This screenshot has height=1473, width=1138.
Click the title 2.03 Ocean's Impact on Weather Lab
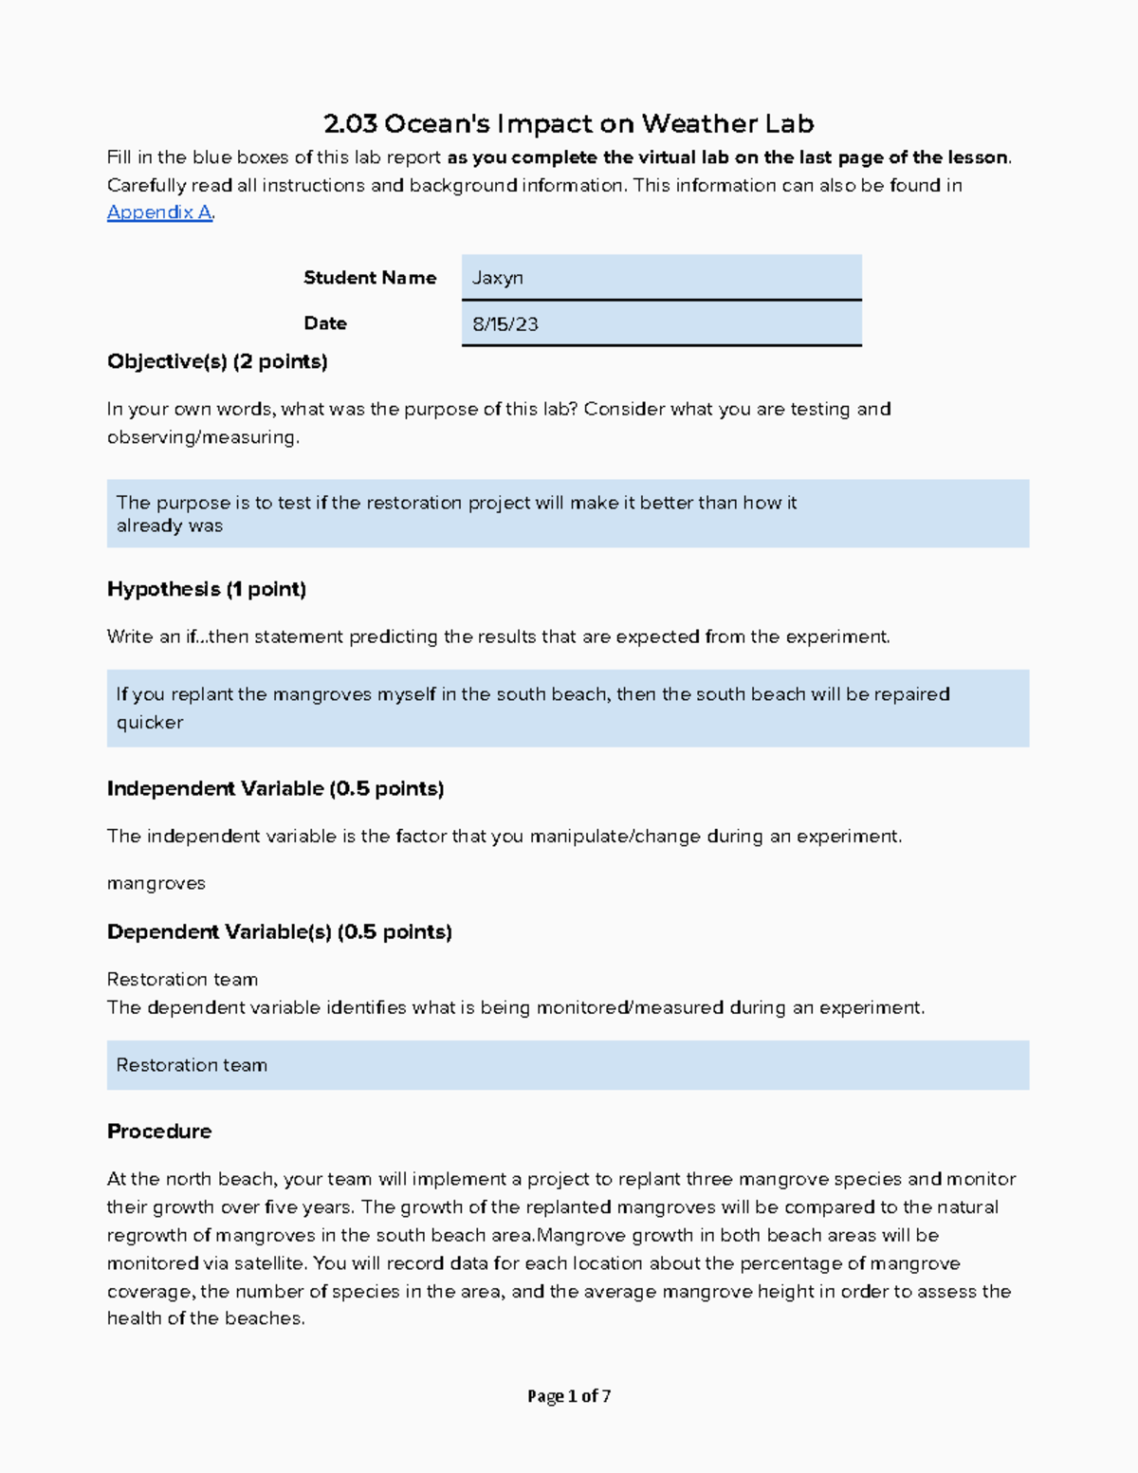(x=568, y=124)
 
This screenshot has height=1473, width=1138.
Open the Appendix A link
(x=159, y=212)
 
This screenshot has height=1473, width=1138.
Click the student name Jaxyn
(x=498, y=278)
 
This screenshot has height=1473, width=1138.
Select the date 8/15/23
(x=505, y=324)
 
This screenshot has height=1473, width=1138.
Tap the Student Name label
(x=370, y=278)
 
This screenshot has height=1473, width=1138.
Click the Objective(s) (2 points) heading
(x=217, y=361)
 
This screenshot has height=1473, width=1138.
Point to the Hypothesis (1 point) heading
(x=207, y=589)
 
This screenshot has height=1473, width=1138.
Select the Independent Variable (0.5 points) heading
(x=275, y=789)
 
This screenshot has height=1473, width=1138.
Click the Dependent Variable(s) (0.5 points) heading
(x=279, y=932)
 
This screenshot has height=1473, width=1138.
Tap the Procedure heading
(x=159, y=1132)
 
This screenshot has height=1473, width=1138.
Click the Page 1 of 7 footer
(x=569, y=1396)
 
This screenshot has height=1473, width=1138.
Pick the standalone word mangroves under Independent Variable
(x=156, y=884)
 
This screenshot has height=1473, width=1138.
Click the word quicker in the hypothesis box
(x=150, y=723)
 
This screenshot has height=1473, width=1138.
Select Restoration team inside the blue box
(x=192, y=1066)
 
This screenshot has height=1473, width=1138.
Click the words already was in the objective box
(x=170, y=526)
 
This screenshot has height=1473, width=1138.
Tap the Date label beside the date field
(x=325, y=323)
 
